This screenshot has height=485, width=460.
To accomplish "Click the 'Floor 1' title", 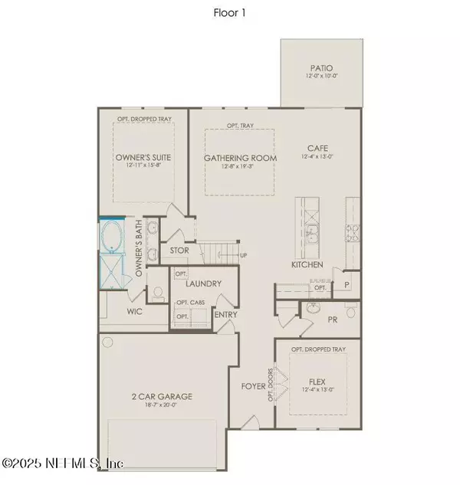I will (x=229, y=13).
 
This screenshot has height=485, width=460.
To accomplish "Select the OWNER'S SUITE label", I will (x=143, y=158).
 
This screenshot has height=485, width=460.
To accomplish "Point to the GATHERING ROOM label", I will (x=240, y=158).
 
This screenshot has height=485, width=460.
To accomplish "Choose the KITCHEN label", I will (x=307, y=265).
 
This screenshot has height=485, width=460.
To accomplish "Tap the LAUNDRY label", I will (x=203, y=284).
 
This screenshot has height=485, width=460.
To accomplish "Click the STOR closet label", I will (x=179, y=250).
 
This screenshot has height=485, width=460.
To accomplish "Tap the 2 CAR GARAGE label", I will (x=161, y=396).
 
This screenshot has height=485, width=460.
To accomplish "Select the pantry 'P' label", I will (x=347, y=284).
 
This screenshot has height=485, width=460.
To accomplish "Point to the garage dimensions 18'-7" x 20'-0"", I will (x=161, y=407).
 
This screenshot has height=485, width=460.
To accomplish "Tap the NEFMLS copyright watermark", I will (x=63, y=464).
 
